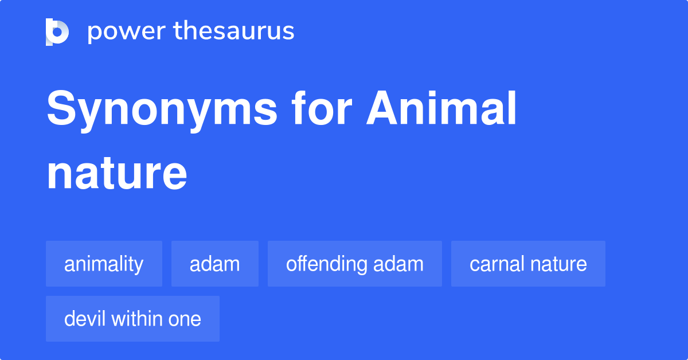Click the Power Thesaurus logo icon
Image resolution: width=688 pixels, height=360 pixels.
click(57, 32)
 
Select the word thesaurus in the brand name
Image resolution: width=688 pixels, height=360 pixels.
click(234, 32)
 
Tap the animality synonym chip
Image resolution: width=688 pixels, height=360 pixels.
click(104, 264)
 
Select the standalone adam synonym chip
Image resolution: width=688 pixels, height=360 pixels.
click(214, 264)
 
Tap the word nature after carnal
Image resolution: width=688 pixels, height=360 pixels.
click(558, 264)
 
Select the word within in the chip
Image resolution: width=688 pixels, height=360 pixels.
click(137, 319)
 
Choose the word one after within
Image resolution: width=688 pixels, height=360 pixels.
click(185, 319)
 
